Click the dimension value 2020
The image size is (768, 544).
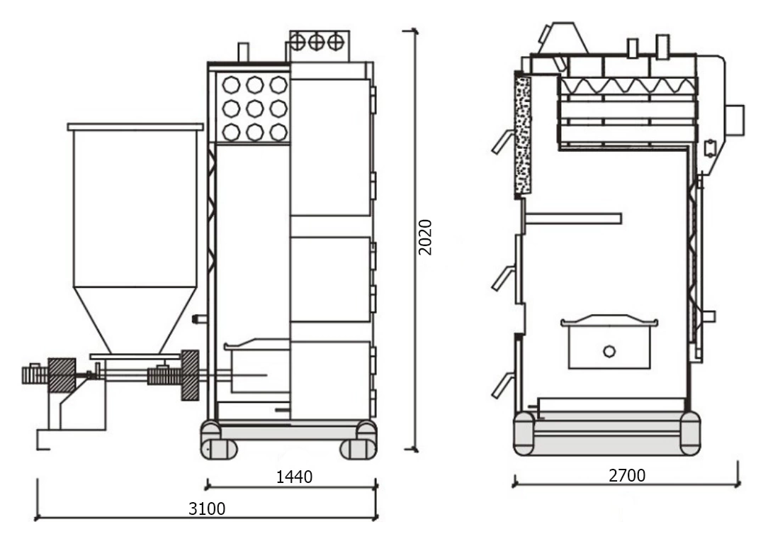click(425, 238)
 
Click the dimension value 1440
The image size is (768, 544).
click(294, 477)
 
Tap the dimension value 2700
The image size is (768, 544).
click(627, 475)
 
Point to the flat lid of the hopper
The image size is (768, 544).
click(135, 127)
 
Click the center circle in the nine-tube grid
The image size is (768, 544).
click(254, 109)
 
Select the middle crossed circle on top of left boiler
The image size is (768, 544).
click(316, 42)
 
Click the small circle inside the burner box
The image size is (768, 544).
click(609, 351)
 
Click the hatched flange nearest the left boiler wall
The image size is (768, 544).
click(189, 375)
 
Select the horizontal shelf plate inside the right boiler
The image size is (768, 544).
click(573, 218)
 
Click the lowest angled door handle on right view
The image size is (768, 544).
click(501, 384)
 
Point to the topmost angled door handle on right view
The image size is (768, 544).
click(501, 142)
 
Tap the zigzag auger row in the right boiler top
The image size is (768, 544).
click(628, 86)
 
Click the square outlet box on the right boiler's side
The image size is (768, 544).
click(735, 120)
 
